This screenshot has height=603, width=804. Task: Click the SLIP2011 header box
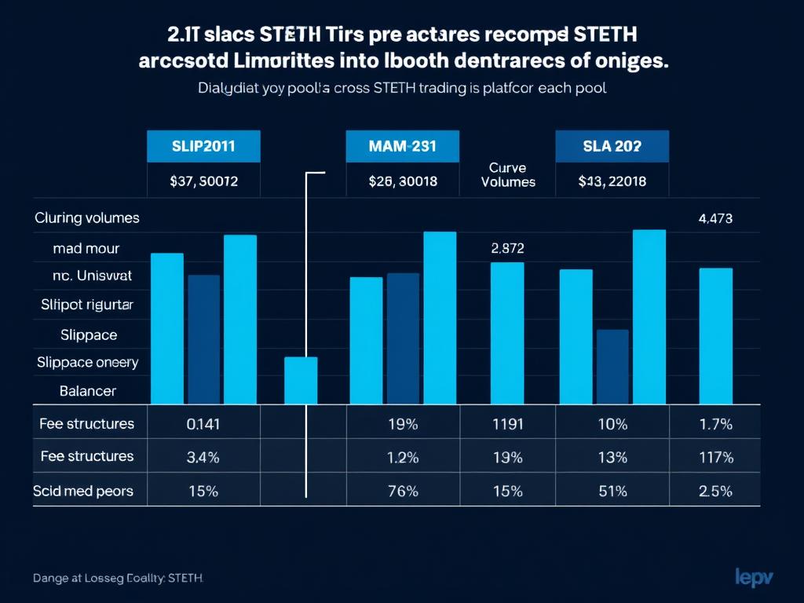[x=203, y=146]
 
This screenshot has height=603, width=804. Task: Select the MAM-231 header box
[x=402, y=146]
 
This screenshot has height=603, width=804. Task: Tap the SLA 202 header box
[x=612, y=146]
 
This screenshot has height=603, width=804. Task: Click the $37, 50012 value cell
[x=203, y=181]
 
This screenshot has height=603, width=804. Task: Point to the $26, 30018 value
[x=402, y=181]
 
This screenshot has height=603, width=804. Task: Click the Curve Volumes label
[x=507, y=174]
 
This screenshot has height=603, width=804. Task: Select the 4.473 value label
[x=715, y=219]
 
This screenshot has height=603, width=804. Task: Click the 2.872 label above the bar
[x=507, y=248]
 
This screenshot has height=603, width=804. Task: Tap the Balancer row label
[x=88, y=390]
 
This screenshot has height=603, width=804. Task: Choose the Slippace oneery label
[x=88, y=362]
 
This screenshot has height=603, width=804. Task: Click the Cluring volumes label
[x=87, y=217]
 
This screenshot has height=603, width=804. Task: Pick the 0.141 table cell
[x=203, y=424]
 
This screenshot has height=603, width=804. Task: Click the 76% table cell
[x=402, y=492]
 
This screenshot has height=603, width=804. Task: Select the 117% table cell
[x=715, y=457]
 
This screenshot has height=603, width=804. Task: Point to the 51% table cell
[x=612, y=492]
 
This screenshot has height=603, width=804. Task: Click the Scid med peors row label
[x=83, y=492]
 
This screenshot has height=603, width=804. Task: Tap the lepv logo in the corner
[x=754, y=576]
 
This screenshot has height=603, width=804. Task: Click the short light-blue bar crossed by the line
[x=301, y=380]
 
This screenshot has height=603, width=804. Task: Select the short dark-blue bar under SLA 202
[x=612, y=366]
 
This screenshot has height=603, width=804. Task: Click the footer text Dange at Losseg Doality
[x=118, y=578]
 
